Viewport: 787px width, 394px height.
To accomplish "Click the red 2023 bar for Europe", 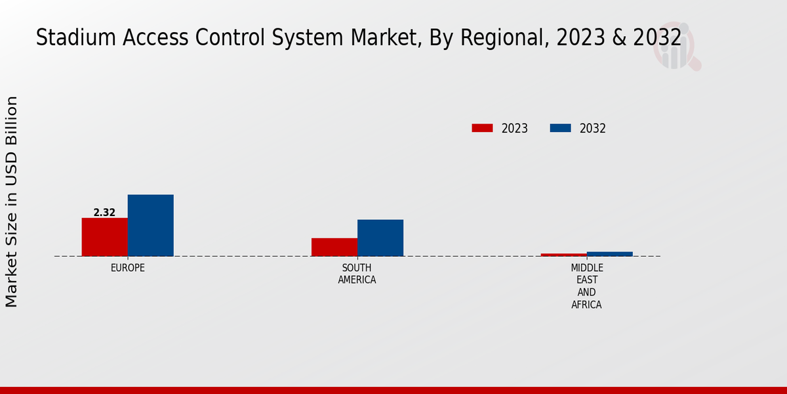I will click(104, 237).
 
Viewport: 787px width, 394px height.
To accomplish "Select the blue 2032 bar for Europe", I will click(150, 225).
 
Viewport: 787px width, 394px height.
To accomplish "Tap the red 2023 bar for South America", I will click(334, 247).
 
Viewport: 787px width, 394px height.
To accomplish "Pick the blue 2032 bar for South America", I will click(380, 238).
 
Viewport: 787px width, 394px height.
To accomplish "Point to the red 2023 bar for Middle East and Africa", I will click(563, 255).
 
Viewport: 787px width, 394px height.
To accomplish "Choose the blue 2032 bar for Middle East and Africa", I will click(609, 253).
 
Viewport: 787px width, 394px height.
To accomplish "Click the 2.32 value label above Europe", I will click(104, 213).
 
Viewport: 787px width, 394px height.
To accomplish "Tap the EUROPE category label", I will click(127, 268).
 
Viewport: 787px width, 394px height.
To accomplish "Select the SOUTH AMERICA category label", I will click(357, 274).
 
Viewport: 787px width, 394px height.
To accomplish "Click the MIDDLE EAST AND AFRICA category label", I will click(586, 286).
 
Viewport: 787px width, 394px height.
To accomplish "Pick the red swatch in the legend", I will click(482, 128).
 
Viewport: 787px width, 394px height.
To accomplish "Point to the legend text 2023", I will click(515, 129).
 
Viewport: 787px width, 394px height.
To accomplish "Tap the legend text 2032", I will click(593, 129).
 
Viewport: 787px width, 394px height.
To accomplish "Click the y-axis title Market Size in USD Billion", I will click(12, 201).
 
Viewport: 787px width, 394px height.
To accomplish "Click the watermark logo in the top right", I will click(676, 49).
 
